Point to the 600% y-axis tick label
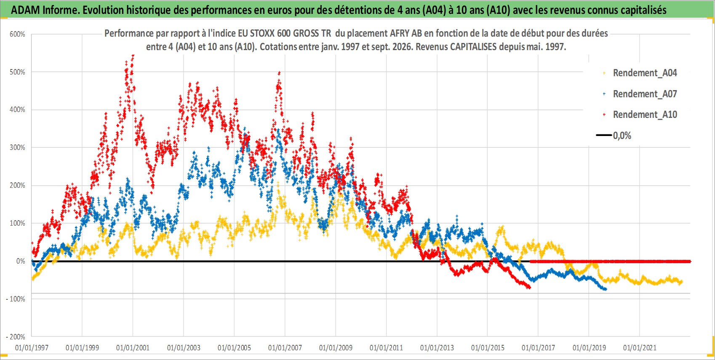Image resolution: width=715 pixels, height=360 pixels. [17, 35]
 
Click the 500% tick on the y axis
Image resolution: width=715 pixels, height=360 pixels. [17, 72]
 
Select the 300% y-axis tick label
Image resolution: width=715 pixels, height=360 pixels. [17, 147]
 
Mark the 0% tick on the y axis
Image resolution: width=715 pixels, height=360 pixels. [21, 261]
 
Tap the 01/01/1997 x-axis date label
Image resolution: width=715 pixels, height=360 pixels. [32, 348]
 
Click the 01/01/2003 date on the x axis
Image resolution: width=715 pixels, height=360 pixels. [184, 348]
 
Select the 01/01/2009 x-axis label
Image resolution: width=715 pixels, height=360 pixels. [336, 348]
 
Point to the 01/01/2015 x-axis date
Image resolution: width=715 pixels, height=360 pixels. [488, 348]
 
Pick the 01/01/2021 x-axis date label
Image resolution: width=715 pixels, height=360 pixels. [640, 348]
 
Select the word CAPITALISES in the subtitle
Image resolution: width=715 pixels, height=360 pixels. [473, 47]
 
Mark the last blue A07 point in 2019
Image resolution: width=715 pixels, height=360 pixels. [606, 289]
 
